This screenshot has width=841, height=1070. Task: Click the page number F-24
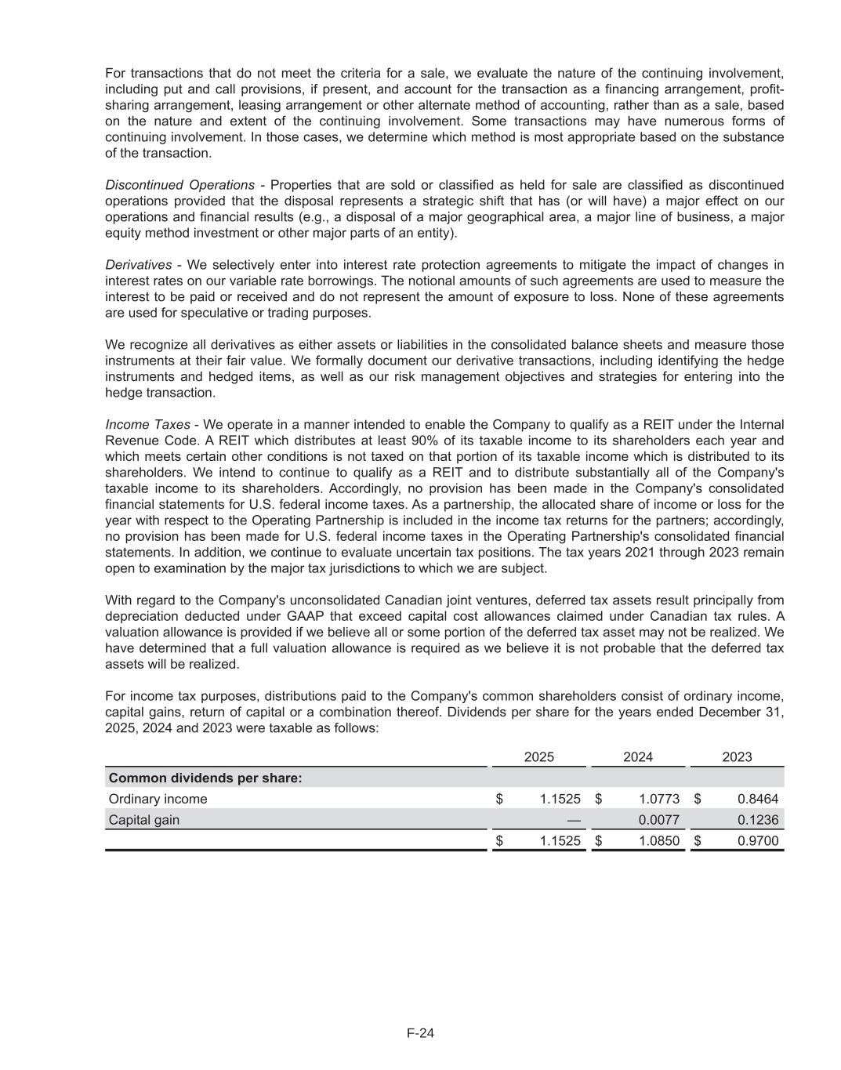(420, 1032)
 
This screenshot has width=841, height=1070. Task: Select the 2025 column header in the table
(538, 756)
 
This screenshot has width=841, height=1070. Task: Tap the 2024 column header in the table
(637, 756)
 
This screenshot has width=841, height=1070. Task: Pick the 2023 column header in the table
(736, 756)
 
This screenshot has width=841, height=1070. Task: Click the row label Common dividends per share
(205, 778)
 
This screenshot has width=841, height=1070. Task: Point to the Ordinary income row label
(158, 799)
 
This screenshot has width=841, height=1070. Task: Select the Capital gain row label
(143, 820)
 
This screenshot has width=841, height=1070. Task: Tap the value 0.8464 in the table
(757, 799)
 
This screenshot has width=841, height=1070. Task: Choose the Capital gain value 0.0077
(658, 820)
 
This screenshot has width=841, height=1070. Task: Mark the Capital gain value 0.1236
(757, 820)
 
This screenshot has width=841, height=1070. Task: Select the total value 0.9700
(757, 841)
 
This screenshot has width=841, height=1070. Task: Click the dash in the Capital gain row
(574, 820)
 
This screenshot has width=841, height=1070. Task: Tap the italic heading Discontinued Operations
(179, 185)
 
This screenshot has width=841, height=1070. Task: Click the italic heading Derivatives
(138, 265)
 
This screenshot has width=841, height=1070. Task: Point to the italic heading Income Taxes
(147, 424)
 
